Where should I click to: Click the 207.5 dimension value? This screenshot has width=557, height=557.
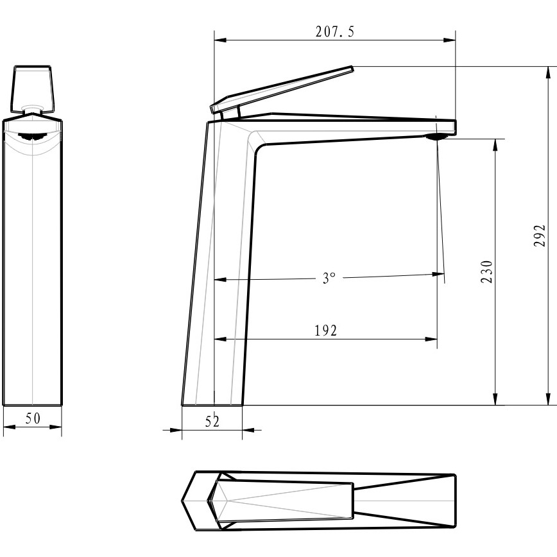coord(335,32)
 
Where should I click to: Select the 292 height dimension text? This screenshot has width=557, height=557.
coord(539,236)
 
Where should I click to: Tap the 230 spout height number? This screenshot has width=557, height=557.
coord(486,272)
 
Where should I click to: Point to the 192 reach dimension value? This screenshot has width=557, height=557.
coord(326,330)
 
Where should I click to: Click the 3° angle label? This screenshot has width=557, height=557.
coord(329,278)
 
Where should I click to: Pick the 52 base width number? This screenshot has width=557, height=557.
coord(212,422)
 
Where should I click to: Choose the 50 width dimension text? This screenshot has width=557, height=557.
coord(33,418)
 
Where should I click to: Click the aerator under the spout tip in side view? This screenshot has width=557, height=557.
coord(437,137)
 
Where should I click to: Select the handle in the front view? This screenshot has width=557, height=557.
coord(32,89)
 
